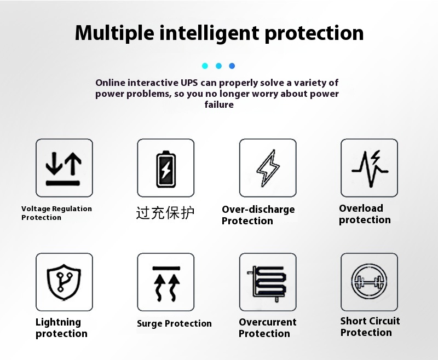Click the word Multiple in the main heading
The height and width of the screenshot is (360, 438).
point(114,33)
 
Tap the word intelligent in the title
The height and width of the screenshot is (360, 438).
point(210,33)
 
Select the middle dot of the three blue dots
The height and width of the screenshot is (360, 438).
point(218,66)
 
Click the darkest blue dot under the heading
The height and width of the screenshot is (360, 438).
point(232,66)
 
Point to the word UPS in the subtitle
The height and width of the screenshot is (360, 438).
point(189,83)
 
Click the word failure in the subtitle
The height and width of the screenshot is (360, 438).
point(219,104)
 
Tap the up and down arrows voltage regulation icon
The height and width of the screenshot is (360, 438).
point(64,169)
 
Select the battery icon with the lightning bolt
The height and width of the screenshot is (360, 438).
point(166,169)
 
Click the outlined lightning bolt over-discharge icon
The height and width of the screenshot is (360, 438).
point(268,168)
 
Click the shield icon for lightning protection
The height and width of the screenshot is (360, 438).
point(64,282)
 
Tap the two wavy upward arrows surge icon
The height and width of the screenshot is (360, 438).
point(166,284)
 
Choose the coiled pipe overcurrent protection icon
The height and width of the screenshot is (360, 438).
point(267,283)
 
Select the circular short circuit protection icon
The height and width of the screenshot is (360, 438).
point(369,281)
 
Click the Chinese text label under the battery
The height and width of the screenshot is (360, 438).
point(165,213)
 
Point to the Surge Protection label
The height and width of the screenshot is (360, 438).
point(174,323)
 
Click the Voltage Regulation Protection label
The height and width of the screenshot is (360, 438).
point(56,213)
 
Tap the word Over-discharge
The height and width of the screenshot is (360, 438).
point(258,210)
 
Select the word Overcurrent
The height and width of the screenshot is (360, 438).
point(268,322)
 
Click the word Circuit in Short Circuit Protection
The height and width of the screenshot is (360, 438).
point(384,321)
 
